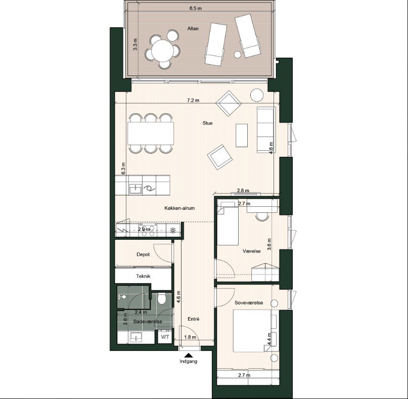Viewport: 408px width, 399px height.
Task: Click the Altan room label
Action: [x=192, y=29]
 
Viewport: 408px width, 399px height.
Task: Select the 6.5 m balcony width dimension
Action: [x=196, y=8]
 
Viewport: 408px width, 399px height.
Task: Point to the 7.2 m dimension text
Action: [x=193, y=100]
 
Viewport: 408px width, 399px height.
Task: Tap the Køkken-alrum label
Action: [x=179, y=208]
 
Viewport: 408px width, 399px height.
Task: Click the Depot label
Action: [x=143, y=254]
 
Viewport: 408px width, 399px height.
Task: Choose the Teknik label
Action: [x=143, y=277]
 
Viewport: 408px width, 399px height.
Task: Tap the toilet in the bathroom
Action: [x=162, y=300]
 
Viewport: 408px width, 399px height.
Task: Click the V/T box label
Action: [x=165, y=336]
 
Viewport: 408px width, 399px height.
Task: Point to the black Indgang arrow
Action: [x=189, y=355]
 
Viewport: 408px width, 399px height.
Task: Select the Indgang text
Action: [x=188, y=362]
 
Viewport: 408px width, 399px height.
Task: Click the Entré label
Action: [x=193, y=319]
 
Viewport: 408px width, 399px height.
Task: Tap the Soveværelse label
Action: [x=249, y=302]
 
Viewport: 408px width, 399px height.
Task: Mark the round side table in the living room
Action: [x=257, y=95]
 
